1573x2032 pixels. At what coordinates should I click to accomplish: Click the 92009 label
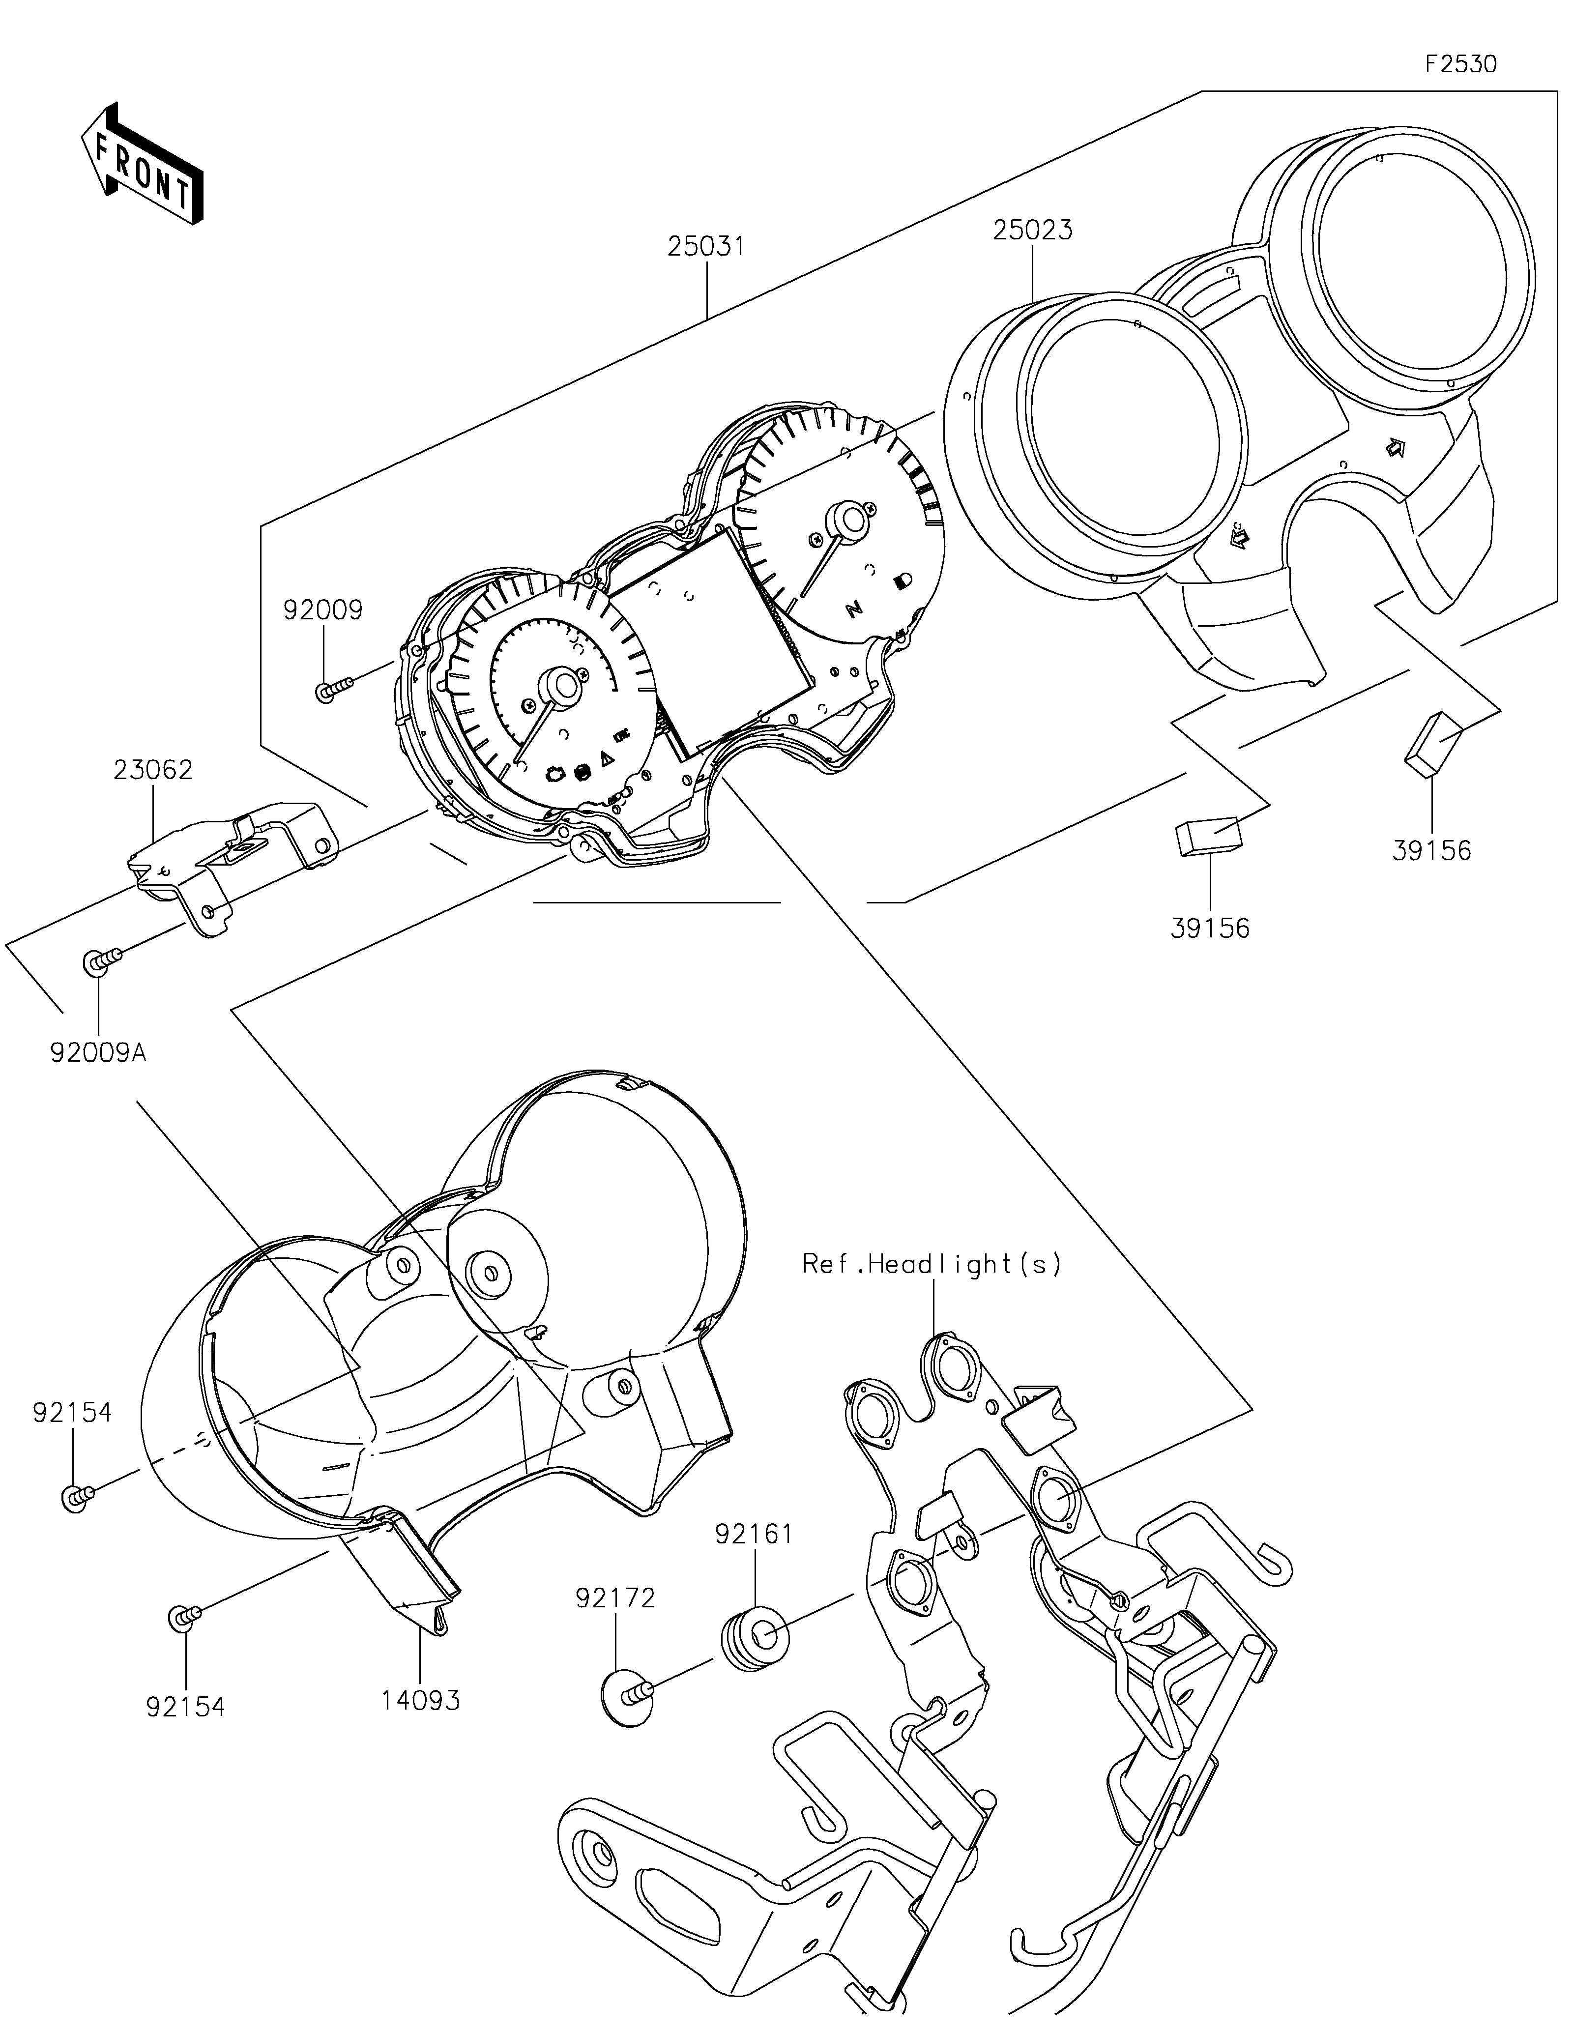click(323, 610)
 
